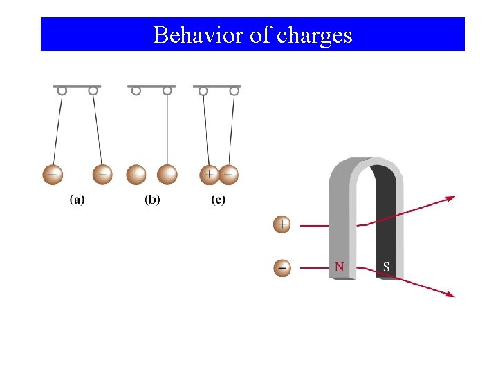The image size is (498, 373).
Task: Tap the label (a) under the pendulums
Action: pyautogui.click(x=77, y=200)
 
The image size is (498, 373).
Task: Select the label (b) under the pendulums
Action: pyautogui.click(x=152, y=200)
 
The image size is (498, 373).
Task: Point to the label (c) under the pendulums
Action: pyautogui.click(x=218, y=200)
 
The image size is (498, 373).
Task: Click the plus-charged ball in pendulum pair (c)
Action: pyautogui.click(x=210, y=175)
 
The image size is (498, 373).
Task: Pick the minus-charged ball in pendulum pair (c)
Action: pyautogui.click(x=228, y=175)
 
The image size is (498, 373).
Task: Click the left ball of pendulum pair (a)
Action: pyautogui.click(x=53, y=174)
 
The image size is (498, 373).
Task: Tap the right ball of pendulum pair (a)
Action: pyautogui.click(x=102, y=174)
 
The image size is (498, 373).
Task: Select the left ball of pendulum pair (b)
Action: pyautogui.click(x=136, y=174)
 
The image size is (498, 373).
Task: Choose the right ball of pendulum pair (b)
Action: pyautogui.click(x=167, y=174)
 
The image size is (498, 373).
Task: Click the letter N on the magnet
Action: pyautogui.click(x=339, y=267)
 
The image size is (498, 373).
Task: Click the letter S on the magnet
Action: pyautogui.click(x=386, y=267)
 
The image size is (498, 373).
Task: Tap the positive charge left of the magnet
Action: pyautogui.click(x=282, y=224)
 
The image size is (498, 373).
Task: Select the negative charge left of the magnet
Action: pyautogui.click(x=282, y=267)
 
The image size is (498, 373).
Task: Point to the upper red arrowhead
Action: pyautogui.click(x=450, y=198)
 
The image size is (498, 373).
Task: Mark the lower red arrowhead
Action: pyautogui.click(x=450, y=294)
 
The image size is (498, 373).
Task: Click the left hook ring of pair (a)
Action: pyautogui.click(x=62, y=90)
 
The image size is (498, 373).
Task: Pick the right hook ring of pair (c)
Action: pyautogui.click(x=234, y=90)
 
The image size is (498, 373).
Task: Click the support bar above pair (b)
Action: pyautogui.click(x=151, y=86)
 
